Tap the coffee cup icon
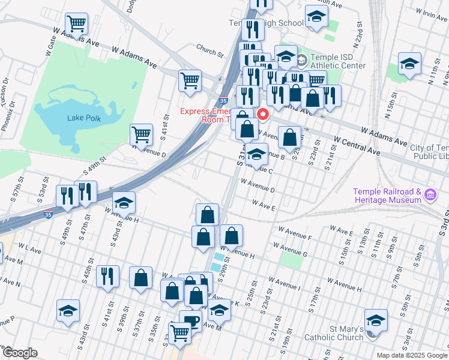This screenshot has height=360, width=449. pyautogui.click(x=191, y=321)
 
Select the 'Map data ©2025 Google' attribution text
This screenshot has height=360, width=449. pyautogui.click(x=412, y=355)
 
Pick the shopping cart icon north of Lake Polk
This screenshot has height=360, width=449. pyautogui.click(x=76, y=24)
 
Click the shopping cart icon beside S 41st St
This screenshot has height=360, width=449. pyautogui.click(x=141, y=134)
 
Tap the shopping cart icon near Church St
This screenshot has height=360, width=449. pyautogui.click(x=190, y=80)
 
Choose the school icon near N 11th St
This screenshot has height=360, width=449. pyautogui.click(x=409, y=64)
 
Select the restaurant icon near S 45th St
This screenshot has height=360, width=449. pyautogui.click(x=107, y=276)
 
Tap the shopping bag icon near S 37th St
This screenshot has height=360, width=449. pyautogui.click(x=140, y=278)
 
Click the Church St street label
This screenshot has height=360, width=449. pyautogui.click(x=209, y=52)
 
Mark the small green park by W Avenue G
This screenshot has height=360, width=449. pyautogui.click(x=292, y=260)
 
